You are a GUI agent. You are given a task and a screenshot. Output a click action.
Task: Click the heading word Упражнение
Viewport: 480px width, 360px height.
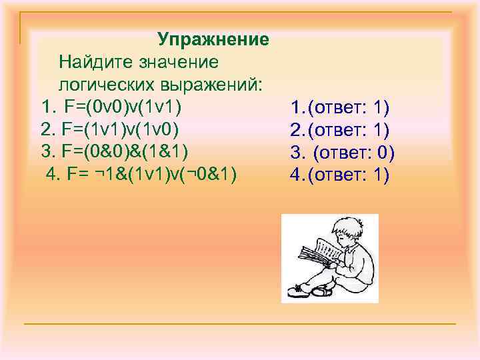(x=213, y=39)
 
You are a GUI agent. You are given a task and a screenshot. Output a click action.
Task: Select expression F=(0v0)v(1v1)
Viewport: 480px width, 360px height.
(x=123, y=107)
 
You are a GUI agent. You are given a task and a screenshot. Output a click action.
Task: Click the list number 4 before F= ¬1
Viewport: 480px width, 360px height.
(x=51, y=175)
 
